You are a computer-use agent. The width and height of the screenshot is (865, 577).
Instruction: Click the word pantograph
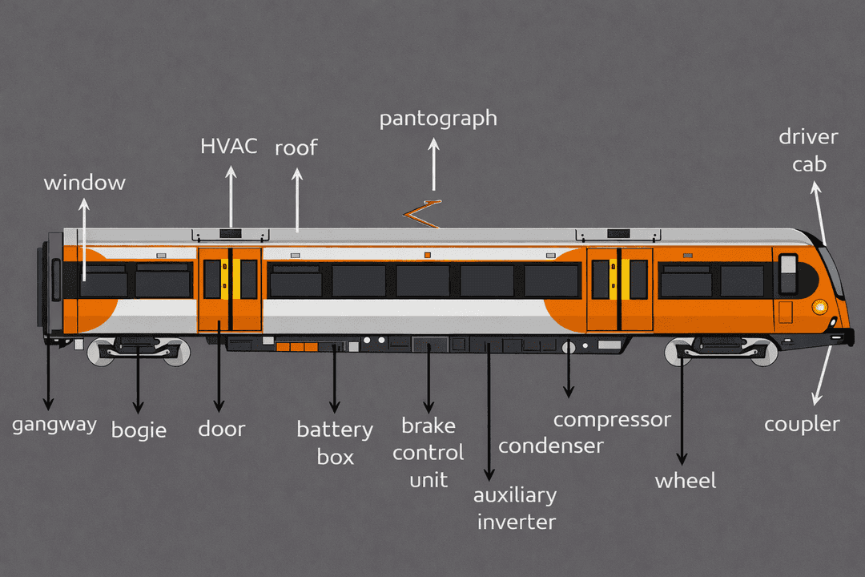[438, 119]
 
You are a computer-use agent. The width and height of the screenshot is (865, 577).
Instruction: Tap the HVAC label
[229, 147]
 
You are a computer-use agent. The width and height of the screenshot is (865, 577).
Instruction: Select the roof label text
[296, 148]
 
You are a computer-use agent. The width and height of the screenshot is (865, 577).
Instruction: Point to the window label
[84, 183]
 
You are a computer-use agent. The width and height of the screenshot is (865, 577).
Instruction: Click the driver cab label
[808, 151]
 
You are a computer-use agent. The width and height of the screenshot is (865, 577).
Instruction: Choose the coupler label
[802, 425]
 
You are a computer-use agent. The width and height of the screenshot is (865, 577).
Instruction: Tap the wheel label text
[686, 481]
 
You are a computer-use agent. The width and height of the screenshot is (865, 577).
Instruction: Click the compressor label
[612, 419]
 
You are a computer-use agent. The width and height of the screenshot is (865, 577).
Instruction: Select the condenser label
[550, 446]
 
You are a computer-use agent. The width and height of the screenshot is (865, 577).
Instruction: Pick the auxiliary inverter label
[515, 508]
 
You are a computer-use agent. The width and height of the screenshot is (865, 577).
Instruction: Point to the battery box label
[335, 442]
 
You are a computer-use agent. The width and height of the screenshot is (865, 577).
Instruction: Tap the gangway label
[54, 425]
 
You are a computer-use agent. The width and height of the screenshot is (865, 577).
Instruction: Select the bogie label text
[139, 430]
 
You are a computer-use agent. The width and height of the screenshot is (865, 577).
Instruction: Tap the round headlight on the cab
[819, 306]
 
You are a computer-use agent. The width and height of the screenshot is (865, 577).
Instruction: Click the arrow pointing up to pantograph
[434, 164]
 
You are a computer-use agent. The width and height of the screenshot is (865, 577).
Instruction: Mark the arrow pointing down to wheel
[682, 409]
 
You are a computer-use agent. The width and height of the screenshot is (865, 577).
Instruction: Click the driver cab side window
[788, 272]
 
